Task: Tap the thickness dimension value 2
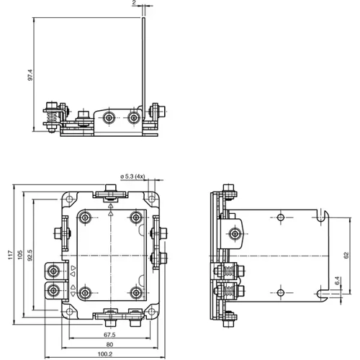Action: point(135,4)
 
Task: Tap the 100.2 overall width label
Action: point(106,354)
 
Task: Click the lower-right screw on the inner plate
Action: point(135,292)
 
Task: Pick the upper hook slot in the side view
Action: point(324,216)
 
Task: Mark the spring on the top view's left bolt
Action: point(50,115)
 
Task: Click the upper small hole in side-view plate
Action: point(279,217)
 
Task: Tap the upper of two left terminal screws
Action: point(53,271)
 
